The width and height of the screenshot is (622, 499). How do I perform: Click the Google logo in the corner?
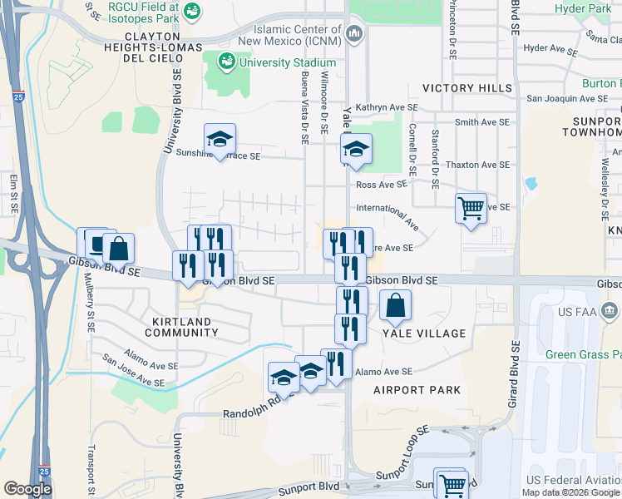pos(27,489)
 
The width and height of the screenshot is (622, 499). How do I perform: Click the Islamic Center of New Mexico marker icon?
pos(355,33)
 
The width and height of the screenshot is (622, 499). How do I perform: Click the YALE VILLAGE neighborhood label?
pos(424,333)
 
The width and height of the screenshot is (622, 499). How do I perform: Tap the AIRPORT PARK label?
pos(417,390)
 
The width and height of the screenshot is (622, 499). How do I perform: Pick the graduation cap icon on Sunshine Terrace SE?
pos(220,139)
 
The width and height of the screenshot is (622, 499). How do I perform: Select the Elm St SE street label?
pos(14,191)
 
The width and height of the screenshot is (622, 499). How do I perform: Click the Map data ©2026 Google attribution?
pos(570,492)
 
